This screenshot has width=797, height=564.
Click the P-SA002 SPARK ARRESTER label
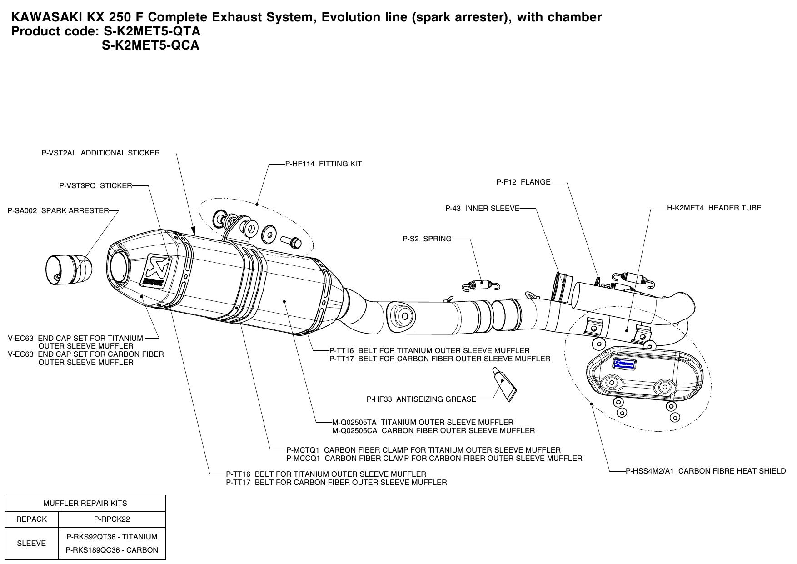[58, 211]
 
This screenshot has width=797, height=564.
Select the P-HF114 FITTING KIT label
[323, 164]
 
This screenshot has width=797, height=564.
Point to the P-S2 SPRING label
[427, 239]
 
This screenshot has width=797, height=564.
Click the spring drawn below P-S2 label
[481, 285]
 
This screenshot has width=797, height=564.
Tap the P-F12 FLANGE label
[523, 182]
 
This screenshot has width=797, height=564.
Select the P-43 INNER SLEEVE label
[482, 209]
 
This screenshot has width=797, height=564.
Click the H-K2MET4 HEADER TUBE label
[714, 208]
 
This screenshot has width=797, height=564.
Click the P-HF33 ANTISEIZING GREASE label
[421, 399]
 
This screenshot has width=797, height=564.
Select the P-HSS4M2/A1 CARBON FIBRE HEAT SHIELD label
[706, 471]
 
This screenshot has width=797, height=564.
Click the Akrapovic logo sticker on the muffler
[154, 270]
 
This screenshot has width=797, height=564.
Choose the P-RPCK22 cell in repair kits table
[112, 519]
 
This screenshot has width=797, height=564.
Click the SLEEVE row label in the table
[31, 544]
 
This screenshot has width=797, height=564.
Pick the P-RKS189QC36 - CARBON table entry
[112, 550]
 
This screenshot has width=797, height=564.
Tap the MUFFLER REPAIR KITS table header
[85, 504]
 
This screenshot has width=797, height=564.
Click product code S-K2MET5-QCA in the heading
[150, 45]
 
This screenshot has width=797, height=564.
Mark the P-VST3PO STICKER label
[95, 186]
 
